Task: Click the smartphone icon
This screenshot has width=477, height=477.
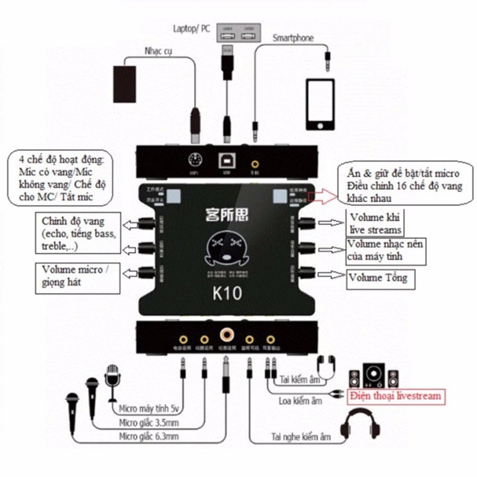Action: point(319,104)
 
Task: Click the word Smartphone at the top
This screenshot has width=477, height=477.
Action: point(293,38)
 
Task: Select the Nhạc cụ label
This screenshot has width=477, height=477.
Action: point(159,51)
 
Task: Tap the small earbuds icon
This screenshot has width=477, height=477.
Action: point(326,365)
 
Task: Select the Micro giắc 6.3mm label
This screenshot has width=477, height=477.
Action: point(149,437)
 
